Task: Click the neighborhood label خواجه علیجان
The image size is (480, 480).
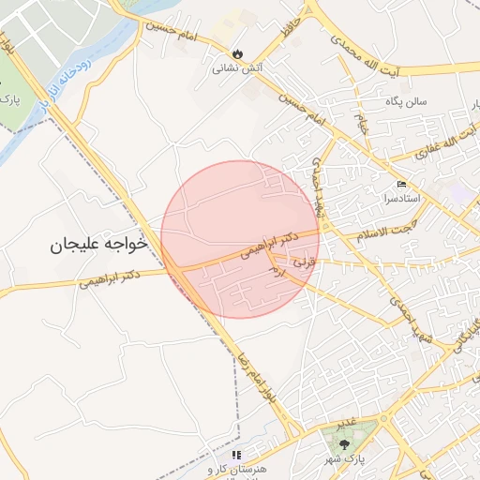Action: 98,244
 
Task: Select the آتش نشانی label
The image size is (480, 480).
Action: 230,67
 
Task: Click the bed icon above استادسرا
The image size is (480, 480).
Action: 402,184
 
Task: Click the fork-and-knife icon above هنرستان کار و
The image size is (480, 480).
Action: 236,455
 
